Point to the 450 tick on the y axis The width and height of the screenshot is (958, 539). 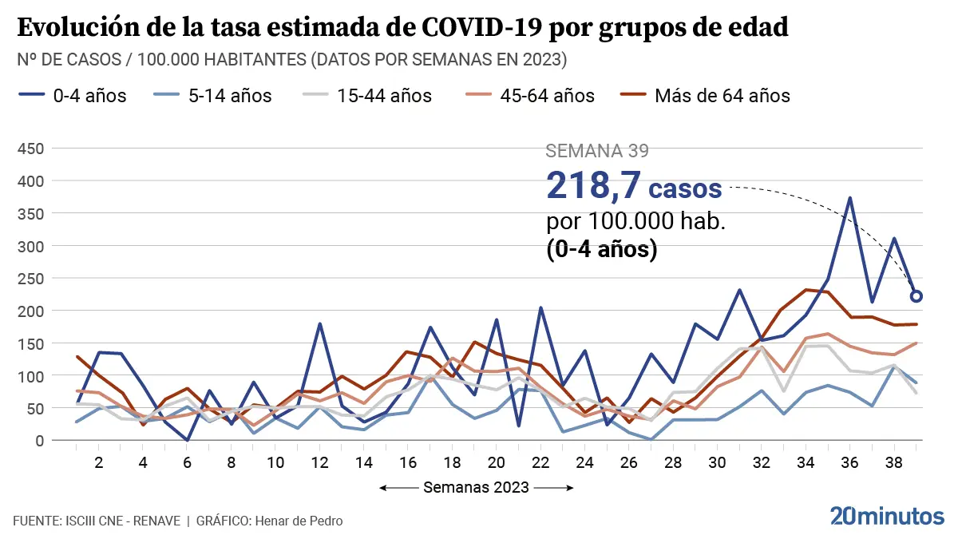click(x=33, y=149)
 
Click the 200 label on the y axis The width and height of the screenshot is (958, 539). click(x=33, y=311)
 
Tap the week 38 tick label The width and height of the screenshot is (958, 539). click(x=894, y=462)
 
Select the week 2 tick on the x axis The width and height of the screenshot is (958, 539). click(x=99, y=462)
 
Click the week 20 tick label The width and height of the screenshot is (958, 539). click(x=496, y=462)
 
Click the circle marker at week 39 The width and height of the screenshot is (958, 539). click(x=916, y=296)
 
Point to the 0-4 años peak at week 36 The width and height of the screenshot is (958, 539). click(x=850, y=198)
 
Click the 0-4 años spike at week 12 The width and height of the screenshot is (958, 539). click(x=319, y=324)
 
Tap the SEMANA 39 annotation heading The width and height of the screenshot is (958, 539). click(x=596, y=151)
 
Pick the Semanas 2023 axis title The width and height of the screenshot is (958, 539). click(x=477, y=487)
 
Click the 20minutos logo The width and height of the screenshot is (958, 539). click(x=887, y=516)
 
